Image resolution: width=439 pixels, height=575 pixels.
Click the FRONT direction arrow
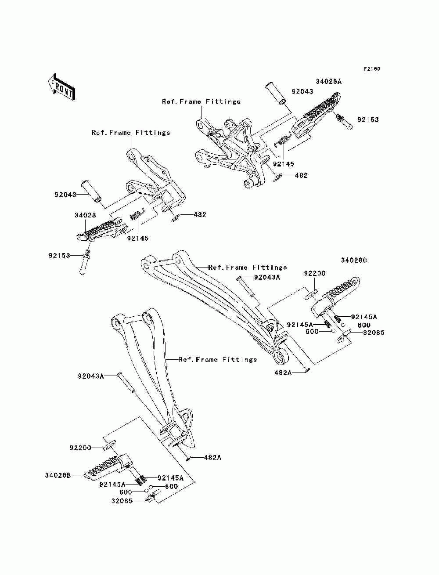pyautogui.click(x=61, y=87)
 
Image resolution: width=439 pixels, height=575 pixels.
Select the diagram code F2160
pyautogui.click(x=372, y=69)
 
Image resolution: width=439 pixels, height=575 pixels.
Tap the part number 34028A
pyautogui.click(x=328, y=81)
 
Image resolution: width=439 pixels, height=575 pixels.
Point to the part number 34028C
pyautogui.click(x=354, y=260)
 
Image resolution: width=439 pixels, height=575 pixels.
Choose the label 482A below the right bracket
pyautogui.click(x=283, y=372)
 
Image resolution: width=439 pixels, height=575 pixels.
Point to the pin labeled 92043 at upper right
pyautogui.click(x=275, y=93)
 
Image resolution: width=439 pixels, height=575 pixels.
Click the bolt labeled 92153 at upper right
pyautogui.click(x=343, y=121)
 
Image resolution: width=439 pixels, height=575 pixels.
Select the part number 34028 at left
pyautogui.click(x=85, y=215)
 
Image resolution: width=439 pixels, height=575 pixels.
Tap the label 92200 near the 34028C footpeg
pyautogui.click(x=315, y=274)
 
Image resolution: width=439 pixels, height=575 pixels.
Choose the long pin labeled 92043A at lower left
pyautogui.click(x=126, y=386)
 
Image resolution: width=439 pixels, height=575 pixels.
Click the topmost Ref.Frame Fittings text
pyautogui.click(x=201, y=101)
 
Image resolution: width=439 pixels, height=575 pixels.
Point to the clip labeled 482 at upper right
pyautogui.click(x=277, y=177)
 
